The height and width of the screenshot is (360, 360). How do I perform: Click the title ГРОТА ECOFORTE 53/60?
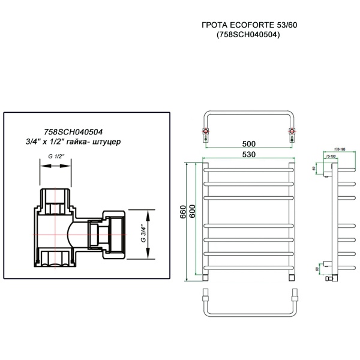pyautogui.click(x=249, y=26)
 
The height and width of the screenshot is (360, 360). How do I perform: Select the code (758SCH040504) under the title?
pyautogui.click(x=249, y=35)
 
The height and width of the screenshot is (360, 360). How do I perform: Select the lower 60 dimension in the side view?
pyautogui.click(x=317, y=269)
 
